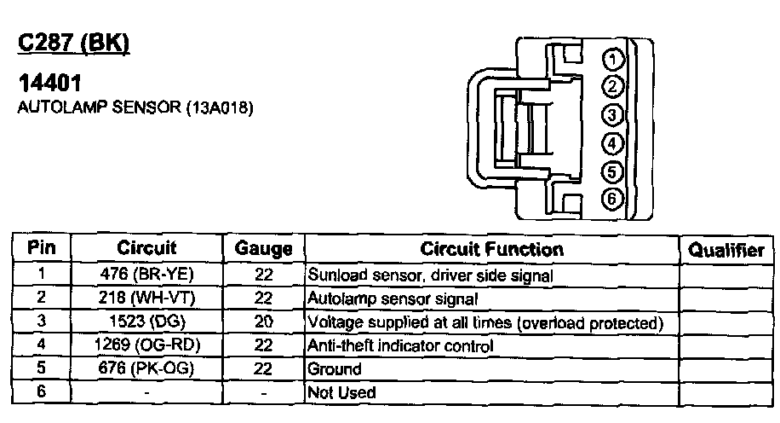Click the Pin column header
(42, 248)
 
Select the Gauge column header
(263, 249)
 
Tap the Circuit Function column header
(491, 249)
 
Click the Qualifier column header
(726, 250)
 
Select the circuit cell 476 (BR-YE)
(146, 275)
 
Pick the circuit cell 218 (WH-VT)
(146, 298)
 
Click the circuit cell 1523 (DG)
(146, 323)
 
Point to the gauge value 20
(263, 323)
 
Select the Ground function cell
(334, 369)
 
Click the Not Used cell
(341, 392)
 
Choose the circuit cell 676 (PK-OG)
(146, 369)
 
